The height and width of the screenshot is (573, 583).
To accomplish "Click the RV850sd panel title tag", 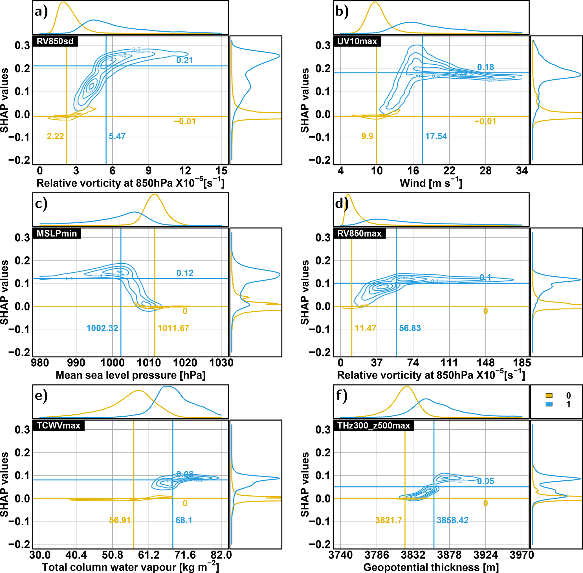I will click(x=55, y=41).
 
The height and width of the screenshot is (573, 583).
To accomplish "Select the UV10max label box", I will click(x=357, y=41).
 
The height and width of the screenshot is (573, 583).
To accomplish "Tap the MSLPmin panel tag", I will click(x=56, y=233).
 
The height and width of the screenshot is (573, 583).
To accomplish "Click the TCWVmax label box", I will click(x=58, y=425).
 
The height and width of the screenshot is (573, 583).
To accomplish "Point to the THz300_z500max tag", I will click(x=373, y=425).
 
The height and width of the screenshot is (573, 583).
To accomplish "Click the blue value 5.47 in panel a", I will click(x=117, y=136).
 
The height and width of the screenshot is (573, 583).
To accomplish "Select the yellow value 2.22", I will click(x=56, y=136).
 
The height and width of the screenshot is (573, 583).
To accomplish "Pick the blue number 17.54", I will click(x=436, y=136).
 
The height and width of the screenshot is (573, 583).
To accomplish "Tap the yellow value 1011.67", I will click(x=173, y=328).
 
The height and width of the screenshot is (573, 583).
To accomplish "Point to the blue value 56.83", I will click(x=410, y=328).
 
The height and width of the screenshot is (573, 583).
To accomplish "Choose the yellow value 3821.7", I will click(x=389, y=520).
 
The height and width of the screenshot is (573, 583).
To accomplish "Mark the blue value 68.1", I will click(x=184, y=520).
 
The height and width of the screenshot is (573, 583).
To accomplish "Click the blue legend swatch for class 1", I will click(x=549, y=404).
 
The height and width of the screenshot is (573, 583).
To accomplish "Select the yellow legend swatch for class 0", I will click(x=549, y=395).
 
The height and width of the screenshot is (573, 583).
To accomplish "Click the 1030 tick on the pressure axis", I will click(x=221, y=363).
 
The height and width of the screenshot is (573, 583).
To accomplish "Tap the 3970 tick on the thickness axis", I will click(x=522, y=555).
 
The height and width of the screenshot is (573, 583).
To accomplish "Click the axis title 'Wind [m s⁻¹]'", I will click(x=431, y=183).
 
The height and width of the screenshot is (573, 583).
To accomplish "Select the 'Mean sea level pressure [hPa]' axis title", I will click(x=131, y=375).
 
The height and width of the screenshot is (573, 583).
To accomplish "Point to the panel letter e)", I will click(x=41, y=395).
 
